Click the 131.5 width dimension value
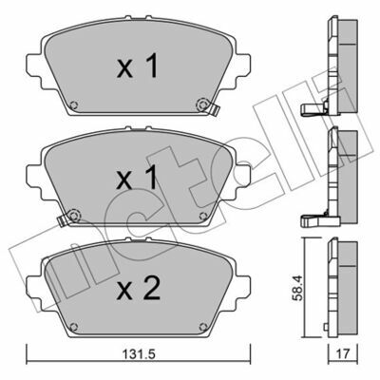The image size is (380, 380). pos(138,353)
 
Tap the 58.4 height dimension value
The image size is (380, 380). pos(298,288)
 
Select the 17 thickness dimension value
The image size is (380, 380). pos(344,353)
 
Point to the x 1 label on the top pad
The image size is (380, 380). pos(137,66)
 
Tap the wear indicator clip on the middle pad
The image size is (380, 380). pos(63,219)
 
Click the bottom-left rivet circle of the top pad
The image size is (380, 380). pos(74,104)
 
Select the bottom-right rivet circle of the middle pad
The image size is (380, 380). pos(203,216)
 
